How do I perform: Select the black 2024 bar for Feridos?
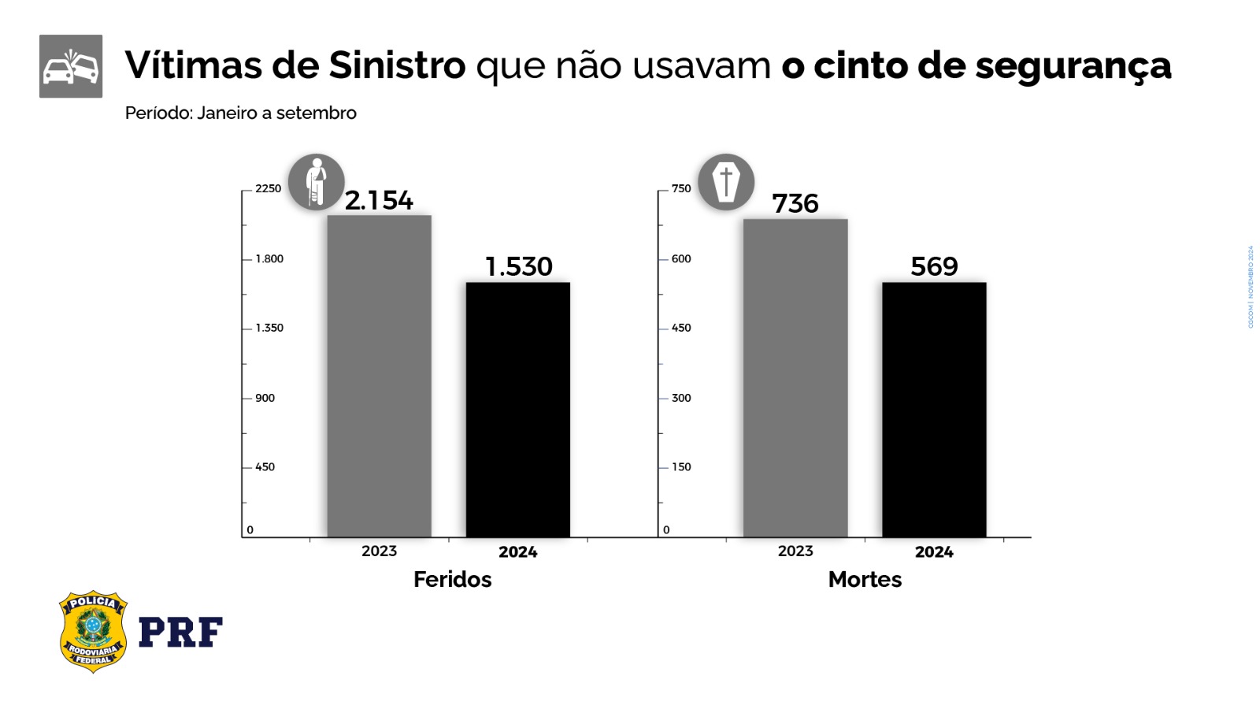[517, 410]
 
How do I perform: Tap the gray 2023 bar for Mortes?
[795, 378]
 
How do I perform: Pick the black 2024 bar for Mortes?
[934, 410]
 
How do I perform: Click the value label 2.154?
[379, 201]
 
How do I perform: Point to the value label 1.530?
[519, 267]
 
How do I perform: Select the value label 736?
[795, 204]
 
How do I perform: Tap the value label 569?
[934, 267]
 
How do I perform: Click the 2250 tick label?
[268, 189]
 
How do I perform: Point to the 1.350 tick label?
[269, 329]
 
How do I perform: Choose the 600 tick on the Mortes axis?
[681, 259]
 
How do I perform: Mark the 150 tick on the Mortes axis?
[681, 467]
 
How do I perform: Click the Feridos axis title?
[452, 580]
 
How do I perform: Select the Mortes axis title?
[865, 580]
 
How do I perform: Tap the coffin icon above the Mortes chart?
[726, 182]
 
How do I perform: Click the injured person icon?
[317, 182]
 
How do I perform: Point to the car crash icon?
[71, 66]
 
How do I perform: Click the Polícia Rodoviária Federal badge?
[93, 632]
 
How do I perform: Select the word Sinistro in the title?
[397, 65]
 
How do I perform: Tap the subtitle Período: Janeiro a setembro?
[240, 113]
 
